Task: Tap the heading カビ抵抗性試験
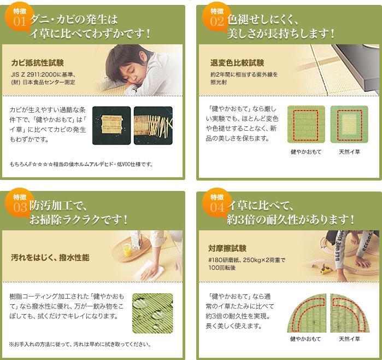coord(38,63)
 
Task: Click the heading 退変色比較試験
coord(237,63)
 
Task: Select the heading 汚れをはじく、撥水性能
coord(50,257)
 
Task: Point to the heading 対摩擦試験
coord(227,248)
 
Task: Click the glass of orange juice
coord(126,249)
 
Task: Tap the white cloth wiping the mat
coord(149,270)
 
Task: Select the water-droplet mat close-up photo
coord(153,313)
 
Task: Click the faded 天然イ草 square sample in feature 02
coord(349,124)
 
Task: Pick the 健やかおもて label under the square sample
coord(306,152)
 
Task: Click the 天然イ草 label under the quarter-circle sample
coord(349,339)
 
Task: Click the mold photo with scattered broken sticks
coord(153,126)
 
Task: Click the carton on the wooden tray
coord(136,240)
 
